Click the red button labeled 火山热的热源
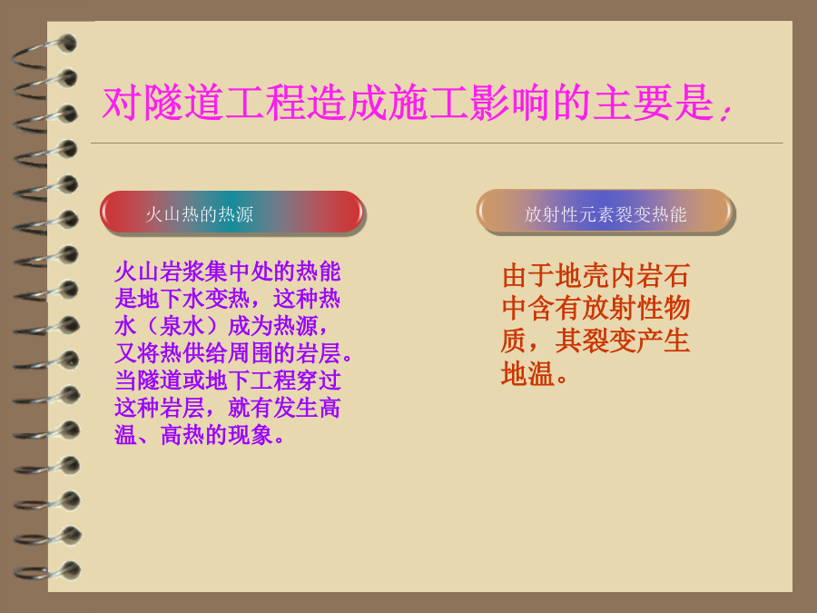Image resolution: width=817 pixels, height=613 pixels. click(231, 213)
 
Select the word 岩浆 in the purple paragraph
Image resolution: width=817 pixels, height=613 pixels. click(182, 272)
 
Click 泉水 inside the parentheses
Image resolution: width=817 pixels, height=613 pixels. click(182, 326)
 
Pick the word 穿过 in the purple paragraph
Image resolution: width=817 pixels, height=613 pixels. click(319, 381)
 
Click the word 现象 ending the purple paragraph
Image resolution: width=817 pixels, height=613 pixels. click(251, 435)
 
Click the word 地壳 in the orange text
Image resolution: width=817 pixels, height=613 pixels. click(582, 276)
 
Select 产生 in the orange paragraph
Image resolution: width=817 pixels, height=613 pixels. click(664, 341)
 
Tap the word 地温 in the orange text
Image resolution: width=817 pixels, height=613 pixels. click(527, 374)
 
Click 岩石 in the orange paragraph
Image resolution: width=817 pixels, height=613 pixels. click(664, 276)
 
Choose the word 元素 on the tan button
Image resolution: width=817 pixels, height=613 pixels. click(596, 214)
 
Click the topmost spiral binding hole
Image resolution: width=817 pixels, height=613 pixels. click(68, 44)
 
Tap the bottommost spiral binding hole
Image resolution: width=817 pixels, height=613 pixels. click(72, 570)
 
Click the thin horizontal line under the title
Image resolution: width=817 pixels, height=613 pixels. click(437, 143)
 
